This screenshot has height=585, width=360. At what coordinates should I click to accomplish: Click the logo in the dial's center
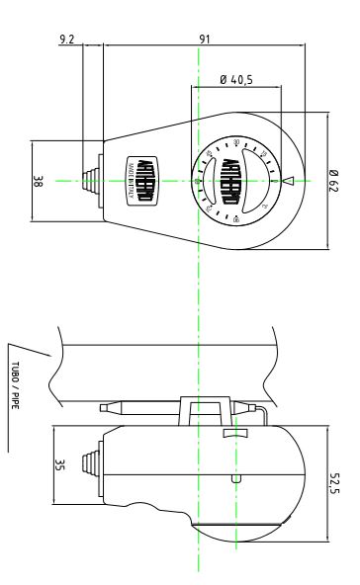click(x=233, y=180)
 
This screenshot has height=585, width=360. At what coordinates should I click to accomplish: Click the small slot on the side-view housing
click(x=233, y=478)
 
